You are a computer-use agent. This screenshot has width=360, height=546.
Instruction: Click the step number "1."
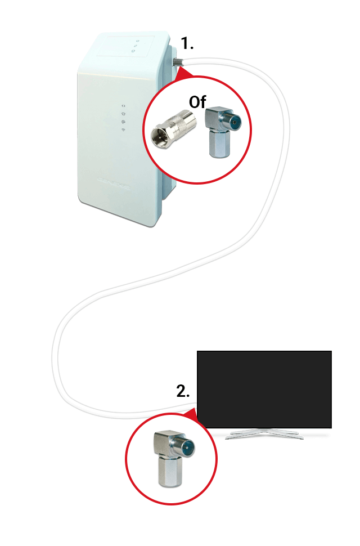pyautogui.click(x=187, y=43)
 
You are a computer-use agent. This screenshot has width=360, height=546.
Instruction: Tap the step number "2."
pyautogui.click(x=183, y=391)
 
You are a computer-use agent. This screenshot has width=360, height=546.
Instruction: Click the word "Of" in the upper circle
pyautogui.click(x=197, y=102)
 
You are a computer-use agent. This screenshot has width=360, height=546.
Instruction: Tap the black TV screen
pyautogui.click(x=264, y=390)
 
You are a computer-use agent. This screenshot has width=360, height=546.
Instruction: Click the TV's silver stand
pyautogui.click(x=264, y=433)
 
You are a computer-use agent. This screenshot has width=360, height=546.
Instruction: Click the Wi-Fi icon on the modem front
pyautogui.click(x=124, y=130)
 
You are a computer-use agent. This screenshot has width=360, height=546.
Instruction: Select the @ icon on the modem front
pyautogui.click(x=124, y=122)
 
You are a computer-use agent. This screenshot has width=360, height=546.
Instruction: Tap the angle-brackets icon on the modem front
pyautogui.click(x=124, y=105)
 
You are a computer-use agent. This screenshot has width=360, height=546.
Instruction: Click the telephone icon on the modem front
pyautogui.click(x=124, y=114)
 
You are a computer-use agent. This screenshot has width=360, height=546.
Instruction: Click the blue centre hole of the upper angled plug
pyautogui.click(x=236, y=123)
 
